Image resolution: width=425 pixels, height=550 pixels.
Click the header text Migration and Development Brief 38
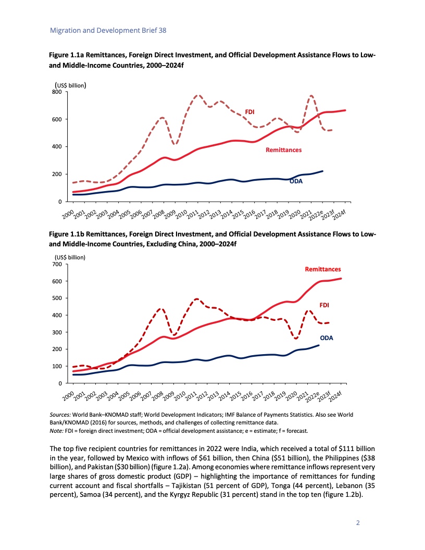[108, 31]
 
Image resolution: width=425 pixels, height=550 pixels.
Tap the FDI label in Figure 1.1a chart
[249, 111]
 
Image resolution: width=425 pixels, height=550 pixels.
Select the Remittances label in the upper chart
[283, 150]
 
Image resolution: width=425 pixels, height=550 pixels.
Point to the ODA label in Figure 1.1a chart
[296, 181]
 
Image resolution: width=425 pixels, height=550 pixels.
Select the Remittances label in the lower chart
[322, 269]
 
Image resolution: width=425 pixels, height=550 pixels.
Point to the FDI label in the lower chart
[324, 304]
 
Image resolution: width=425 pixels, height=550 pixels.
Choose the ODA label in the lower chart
[327, 338]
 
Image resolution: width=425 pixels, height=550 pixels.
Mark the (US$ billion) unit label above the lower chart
[70, 257]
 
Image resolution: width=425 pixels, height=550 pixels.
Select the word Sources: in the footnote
[60, 414]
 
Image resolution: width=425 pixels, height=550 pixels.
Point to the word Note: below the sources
[57, 431]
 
